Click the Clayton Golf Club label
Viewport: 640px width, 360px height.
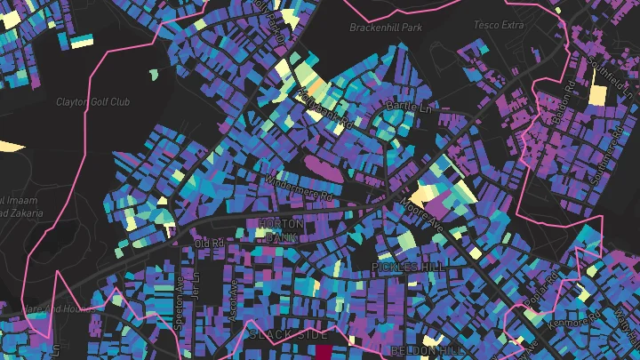(92, 102)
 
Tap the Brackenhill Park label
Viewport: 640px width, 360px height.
(385, 28)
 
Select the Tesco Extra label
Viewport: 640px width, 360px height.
(499, 24)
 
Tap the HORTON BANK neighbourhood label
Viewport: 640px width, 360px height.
(280, 231)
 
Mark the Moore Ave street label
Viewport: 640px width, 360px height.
(420, 214)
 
